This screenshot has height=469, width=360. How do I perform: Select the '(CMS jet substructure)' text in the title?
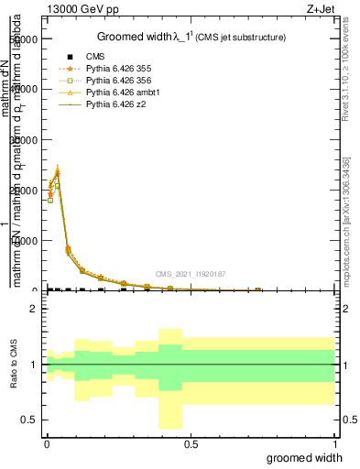coord(242,38)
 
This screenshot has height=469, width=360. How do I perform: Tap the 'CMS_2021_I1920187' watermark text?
coord(189,274)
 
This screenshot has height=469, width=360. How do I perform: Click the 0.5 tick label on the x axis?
coord(191,442)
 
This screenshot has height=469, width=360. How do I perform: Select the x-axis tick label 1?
coord(334,442)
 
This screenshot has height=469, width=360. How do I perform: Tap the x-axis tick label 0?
coord(47,442)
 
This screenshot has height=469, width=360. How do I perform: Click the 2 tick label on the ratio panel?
coord(32,309)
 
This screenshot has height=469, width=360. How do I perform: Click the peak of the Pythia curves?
coord(58,170)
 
